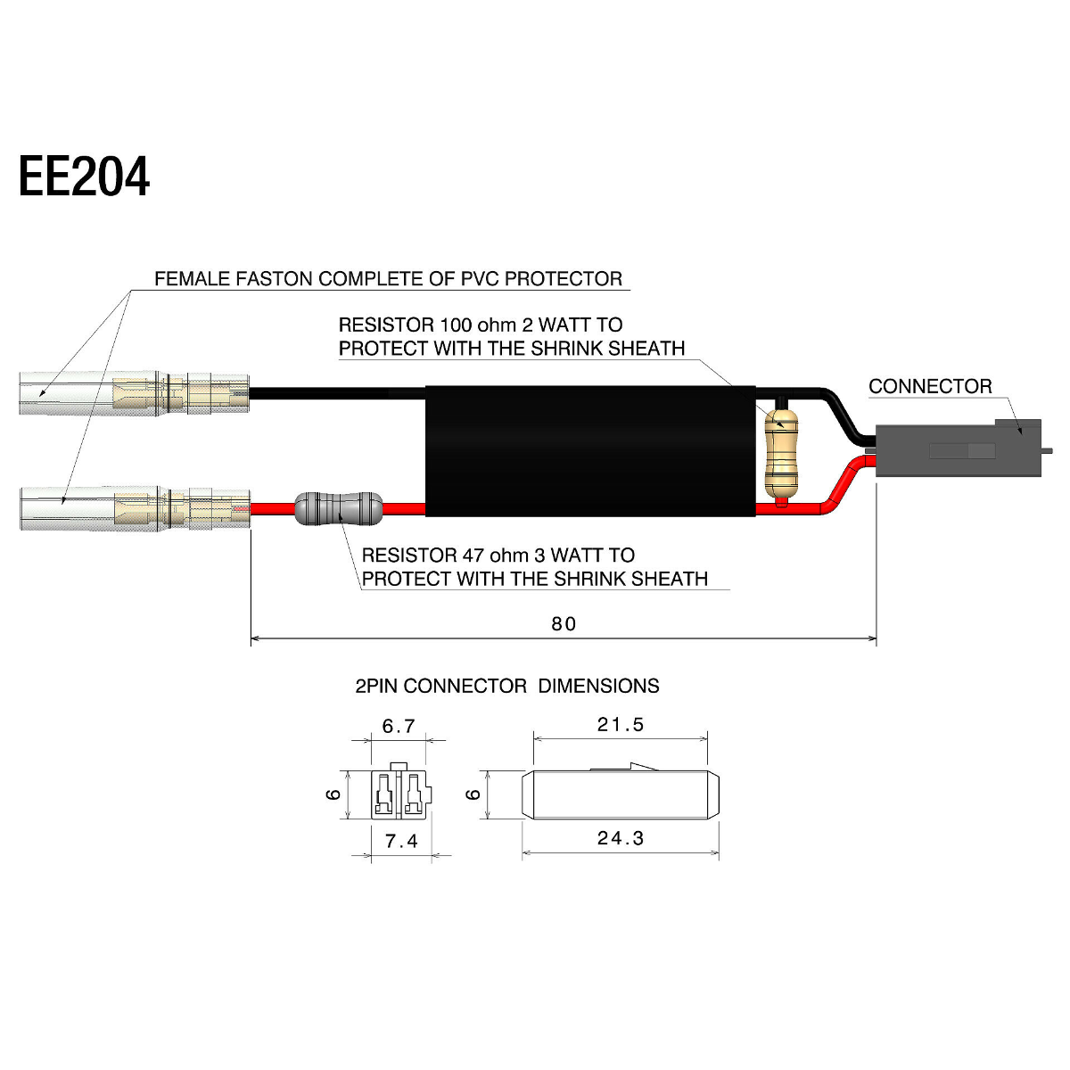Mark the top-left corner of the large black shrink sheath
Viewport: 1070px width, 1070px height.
tap(426, 386)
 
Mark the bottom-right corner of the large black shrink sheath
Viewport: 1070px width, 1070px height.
tap(756, 516)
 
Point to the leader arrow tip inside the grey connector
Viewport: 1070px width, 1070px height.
tap(1021, 433)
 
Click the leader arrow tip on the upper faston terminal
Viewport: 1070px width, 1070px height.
tap(40, 396)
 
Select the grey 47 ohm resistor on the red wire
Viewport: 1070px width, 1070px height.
tap(338, 507)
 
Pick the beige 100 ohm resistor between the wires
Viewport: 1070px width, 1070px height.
tap(781, 454)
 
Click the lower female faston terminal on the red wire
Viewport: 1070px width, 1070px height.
tap(135, 508)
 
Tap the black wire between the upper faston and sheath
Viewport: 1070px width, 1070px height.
tap(338, 394)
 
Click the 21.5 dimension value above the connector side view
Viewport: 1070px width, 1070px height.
tap(621, 725)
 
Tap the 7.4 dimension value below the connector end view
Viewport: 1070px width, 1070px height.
tap(401, 841)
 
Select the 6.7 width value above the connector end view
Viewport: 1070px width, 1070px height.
tap(398, 726)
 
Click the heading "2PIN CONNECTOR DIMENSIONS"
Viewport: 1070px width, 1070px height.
tap(507, 686)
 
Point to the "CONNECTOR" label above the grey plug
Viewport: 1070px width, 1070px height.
tap(930, 386)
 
